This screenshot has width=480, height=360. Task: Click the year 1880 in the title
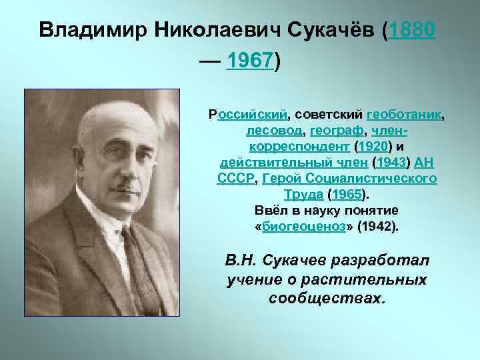pyautogui.click(x=414, y=30)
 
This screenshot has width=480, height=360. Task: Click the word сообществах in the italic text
pyautogui.click(x=327, y=298)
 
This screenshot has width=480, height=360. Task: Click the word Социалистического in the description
pyautogui.click(x=380, y=178)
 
